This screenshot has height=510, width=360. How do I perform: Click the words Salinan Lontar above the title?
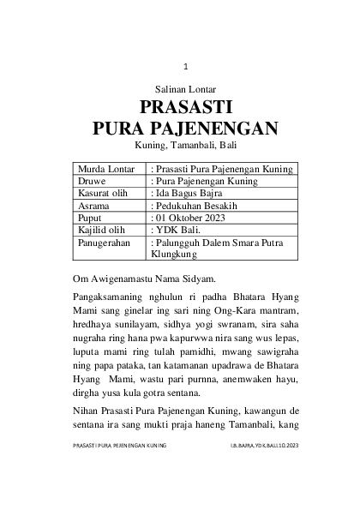coord(184,89)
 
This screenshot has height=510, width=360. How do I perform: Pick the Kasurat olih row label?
coord(102,195)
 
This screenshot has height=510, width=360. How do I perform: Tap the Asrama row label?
coord(93,207)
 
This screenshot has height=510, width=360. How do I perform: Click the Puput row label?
coord(91,219)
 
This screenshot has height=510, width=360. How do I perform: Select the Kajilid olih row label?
coord(101,231)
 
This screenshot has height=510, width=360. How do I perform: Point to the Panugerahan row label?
coord(104,243)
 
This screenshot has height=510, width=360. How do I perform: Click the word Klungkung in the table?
coord(175,255)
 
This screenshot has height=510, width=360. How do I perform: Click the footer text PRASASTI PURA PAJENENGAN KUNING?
coord(119,470)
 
